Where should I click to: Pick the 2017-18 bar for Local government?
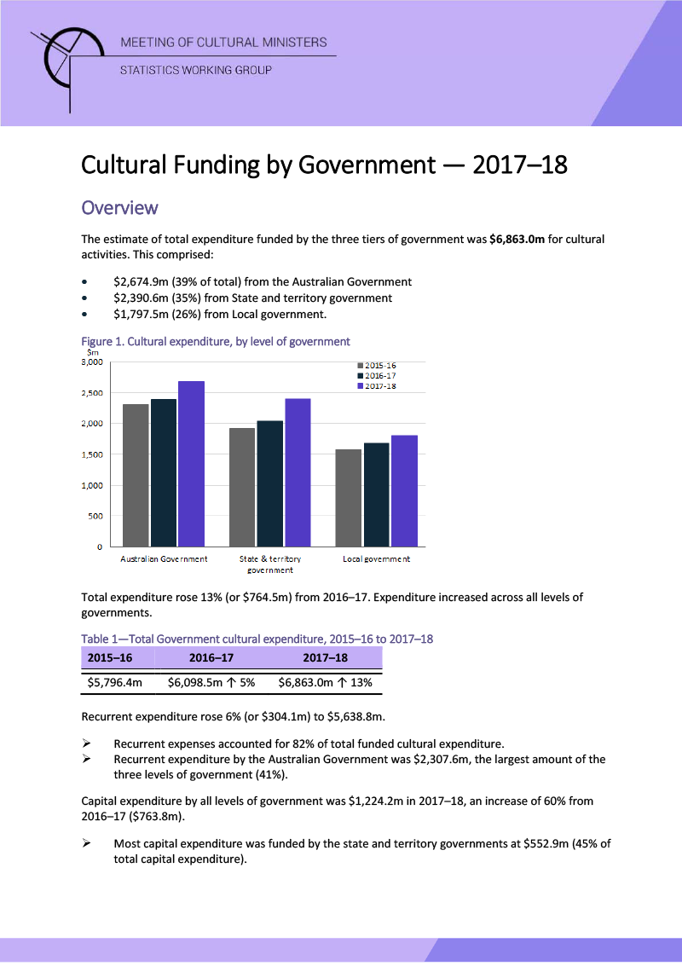click(x=404, y=490)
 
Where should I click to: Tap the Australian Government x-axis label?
click(x=164, y=559)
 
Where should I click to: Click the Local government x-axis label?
click(x=376, y=559)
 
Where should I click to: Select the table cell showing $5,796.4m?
click(x=115, y=682)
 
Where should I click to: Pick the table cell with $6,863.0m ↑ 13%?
click(x=325, y=682)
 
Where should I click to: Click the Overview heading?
click(x=119, y=207)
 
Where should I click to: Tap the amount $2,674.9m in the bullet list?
click(x=142, y=281)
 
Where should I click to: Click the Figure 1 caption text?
click(x=215, y=341)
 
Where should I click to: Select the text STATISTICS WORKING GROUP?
click(x=195, y=70)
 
